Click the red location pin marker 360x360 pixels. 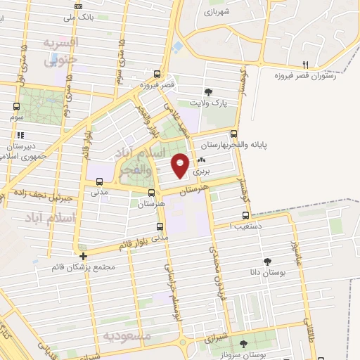180,165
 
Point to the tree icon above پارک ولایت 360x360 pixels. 207,92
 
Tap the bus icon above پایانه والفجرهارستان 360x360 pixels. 234,135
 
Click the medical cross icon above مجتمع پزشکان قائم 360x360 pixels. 84,256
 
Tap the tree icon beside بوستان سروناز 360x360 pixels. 243,344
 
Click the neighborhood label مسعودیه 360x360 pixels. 127,336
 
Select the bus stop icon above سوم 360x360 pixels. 15,106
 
